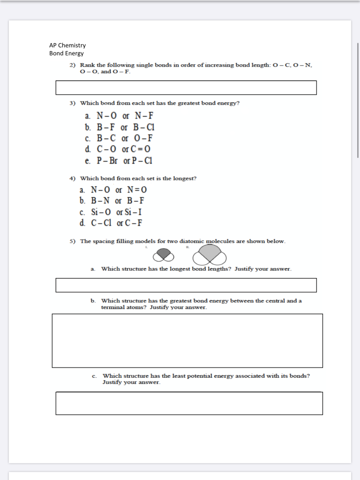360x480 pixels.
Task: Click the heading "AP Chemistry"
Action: point(67,45)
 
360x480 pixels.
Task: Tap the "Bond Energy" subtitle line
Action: point(67,53)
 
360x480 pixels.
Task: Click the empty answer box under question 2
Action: point(186,88)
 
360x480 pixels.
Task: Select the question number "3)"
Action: point(73,103)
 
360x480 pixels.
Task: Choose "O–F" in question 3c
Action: point(143,138)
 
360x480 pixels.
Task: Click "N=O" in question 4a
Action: point(137,190)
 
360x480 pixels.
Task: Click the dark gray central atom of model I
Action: point(163,253)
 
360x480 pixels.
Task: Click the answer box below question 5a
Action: point(186,285)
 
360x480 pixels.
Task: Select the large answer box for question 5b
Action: point(187,341)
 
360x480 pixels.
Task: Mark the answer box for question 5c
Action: point(189,403)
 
